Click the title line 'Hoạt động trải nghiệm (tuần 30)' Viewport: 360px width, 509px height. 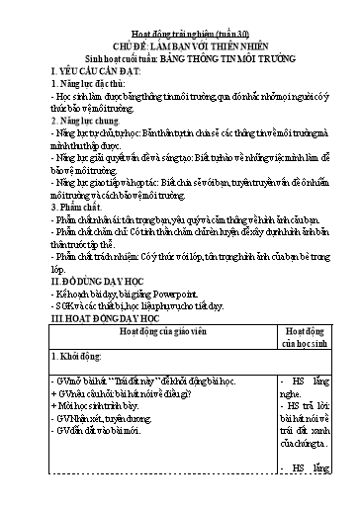click(x=180, y=15)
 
